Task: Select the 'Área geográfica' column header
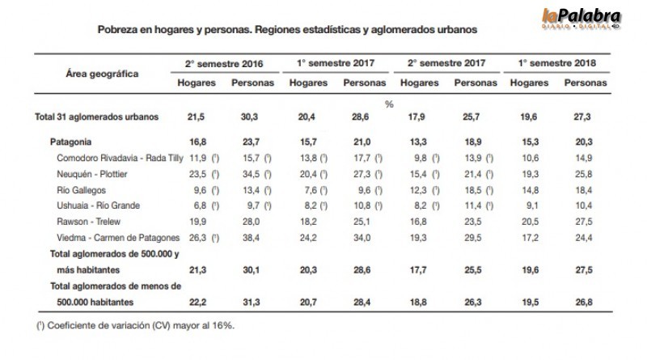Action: click(102, 74)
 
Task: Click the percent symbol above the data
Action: click(388, 104)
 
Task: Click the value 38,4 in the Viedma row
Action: click(248, 238)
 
